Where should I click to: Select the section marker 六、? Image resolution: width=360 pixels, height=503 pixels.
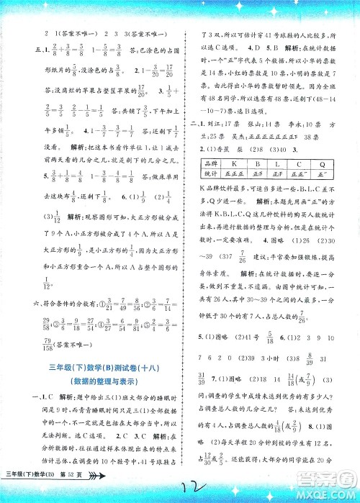(28, 309)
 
